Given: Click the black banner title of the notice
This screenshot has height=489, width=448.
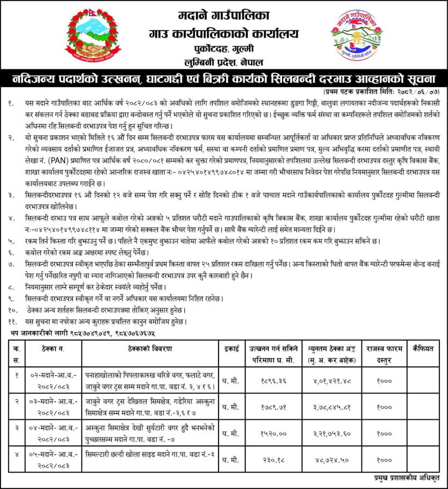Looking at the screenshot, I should (x=224, y=78).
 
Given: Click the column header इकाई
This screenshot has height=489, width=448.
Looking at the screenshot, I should (x=231, y=349).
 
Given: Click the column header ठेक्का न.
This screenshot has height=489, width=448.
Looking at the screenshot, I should (x=53, y=349).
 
